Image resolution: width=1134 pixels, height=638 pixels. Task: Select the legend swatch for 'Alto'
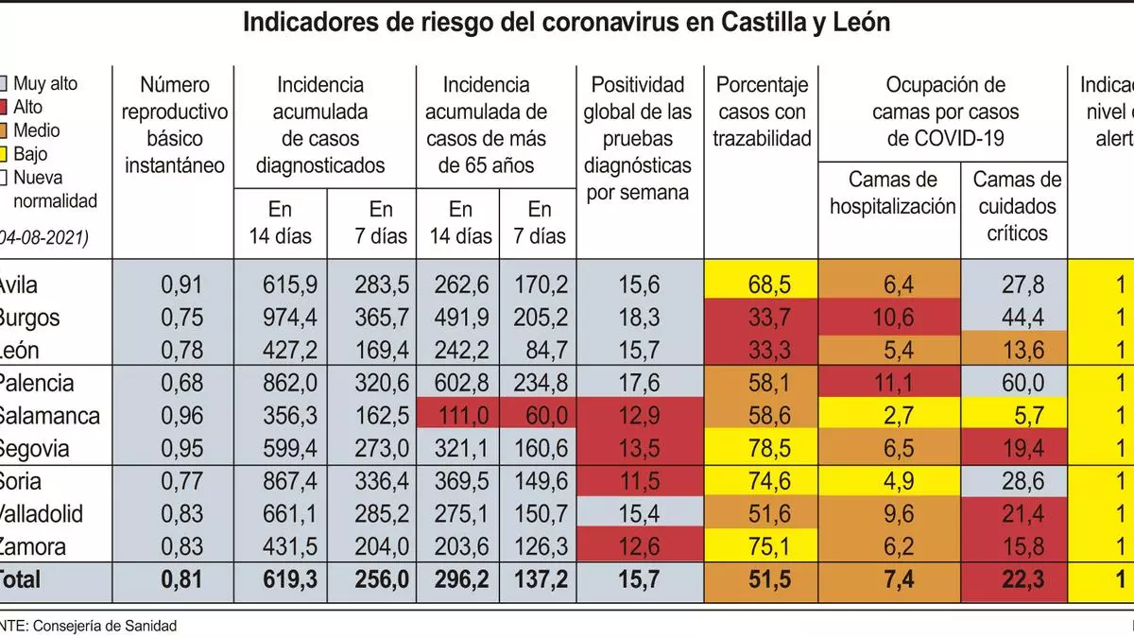[6, 108]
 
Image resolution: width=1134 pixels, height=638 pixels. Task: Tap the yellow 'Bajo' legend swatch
[6, 154]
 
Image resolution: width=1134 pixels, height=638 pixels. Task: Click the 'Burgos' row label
[29, 318]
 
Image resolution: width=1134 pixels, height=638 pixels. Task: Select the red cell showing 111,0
[460, 416]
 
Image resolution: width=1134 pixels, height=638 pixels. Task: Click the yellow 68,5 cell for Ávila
[762, 285]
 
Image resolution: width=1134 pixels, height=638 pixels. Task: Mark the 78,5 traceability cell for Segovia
[762, 448]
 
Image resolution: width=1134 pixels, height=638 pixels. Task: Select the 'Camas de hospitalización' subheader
[892, 193]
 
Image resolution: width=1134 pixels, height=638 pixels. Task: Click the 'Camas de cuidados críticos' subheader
[1017, 205]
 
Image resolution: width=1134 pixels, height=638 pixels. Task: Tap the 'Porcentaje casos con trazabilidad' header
[762, 112]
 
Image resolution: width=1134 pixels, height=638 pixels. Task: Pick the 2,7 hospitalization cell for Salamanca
[892, 416]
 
